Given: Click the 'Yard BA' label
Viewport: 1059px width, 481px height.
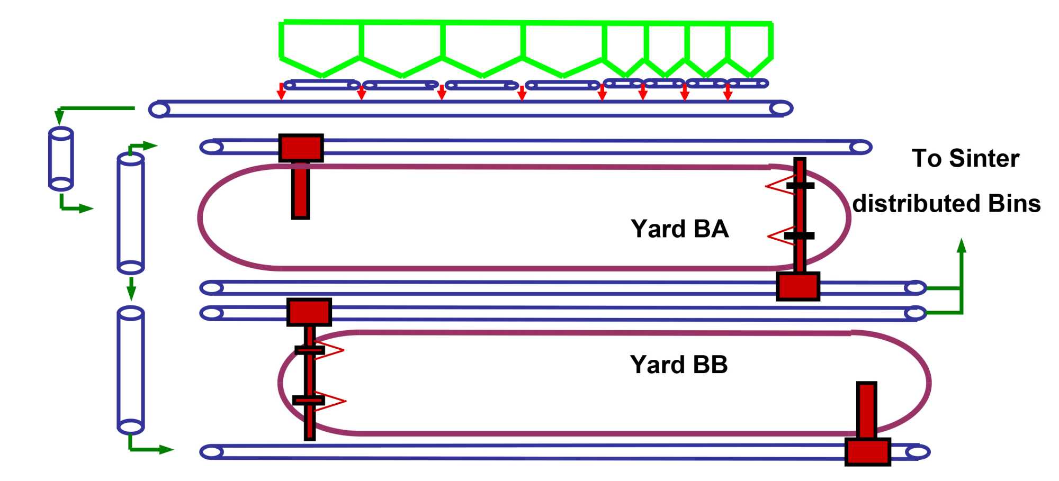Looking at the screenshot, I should [x=679, y=229].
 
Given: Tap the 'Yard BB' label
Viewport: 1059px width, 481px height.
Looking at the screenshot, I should [x=679, y=365].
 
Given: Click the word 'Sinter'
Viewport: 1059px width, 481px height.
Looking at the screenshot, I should [x=984, y=158].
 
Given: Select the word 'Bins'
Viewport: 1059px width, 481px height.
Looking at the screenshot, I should [x=1014, y=204].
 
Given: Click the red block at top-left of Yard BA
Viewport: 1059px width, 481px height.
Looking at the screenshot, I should [x=301, y=148].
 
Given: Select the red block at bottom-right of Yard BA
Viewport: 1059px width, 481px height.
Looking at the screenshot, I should [x=798, y=286].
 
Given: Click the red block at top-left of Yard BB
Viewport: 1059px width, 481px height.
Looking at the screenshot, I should [x=309, y=312].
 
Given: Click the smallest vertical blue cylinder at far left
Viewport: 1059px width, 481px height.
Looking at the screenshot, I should [x=61, y=158].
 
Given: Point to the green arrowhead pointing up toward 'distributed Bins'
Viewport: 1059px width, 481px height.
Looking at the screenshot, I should [x=962, y=246].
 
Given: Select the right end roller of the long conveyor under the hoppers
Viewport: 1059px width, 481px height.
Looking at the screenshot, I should [x=780, y=108].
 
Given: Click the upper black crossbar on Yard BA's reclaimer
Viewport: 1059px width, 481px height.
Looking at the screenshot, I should [x=800, y=186].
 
